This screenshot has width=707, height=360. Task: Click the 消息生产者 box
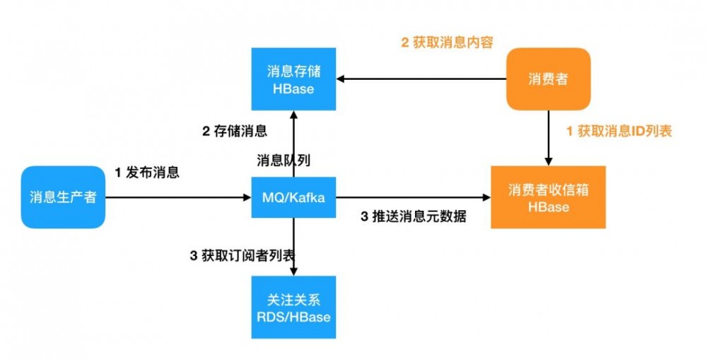click(x=63, y=197)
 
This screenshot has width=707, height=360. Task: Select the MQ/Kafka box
click(x=293, y=197)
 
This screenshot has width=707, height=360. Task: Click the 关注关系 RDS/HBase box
click(x=293, y=308)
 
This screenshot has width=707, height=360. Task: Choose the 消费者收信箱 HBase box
click(x=548, y=197)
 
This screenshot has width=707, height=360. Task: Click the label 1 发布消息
click(x=147, y=173)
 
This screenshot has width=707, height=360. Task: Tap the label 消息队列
click(x=284, y=161)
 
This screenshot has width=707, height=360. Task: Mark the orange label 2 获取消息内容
click(x=447, y=42)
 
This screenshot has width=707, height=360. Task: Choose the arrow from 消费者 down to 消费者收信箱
click(x=548, y=138)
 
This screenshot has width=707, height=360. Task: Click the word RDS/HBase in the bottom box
click(x=293, y=317)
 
